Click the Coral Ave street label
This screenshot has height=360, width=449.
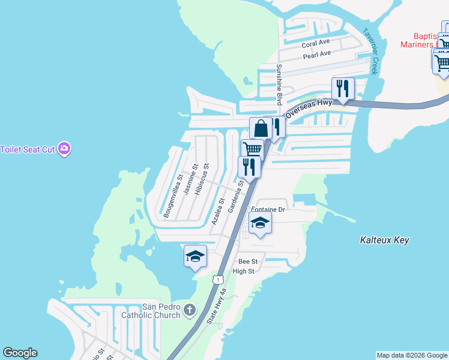[316, 44]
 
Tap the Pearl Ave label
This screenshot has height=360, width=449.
[317, 54]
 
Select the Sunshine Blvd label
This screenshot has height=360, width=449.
[279, 85]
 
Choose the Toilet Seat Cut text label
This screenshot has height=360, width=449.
[28, 149]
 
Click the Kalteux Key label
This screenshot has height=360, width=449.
[384, 240]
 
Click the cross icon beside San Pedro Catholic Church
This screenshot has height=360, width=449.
[190, 310]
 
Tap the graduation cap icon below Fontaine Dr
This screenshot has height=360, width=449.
[260, 223]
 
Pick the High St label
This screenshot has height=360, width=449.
[243, 271]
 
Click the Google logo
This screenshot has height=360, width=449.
[20, 353]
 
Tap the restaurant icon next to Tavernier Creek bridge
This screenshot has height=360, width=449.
[343, 89]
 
